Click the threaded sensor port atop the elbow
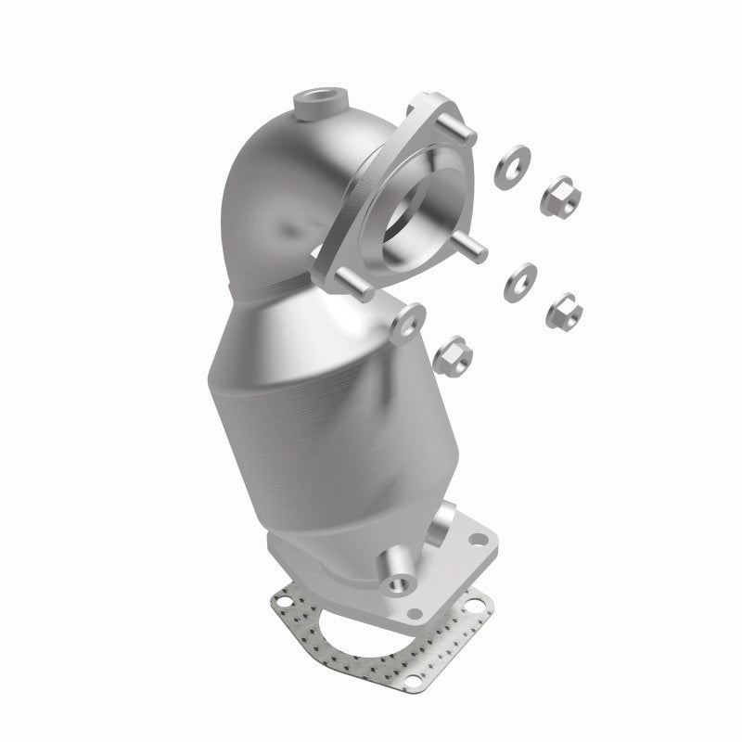(319, 100)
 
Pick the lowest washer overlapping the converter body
(405, 318)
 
